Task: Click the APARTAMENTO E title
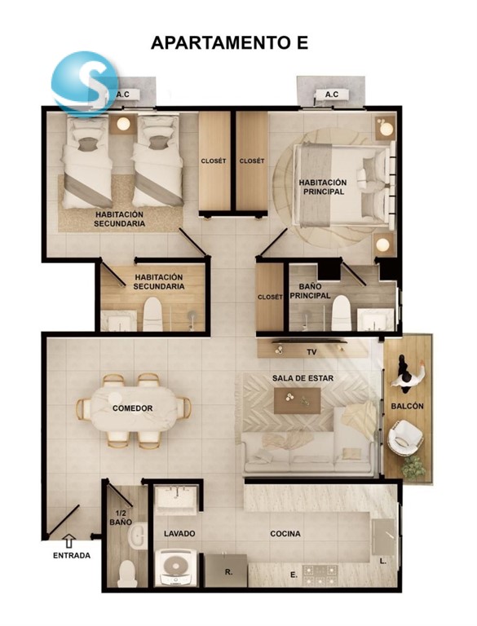click(229, 42)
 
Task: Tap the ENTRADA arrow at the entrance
click(70, 540)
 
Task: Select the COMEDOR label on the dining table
click(133, 408)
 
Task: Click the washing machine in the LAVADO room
click(175, 568)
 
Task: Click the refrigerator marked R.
click(226, 571)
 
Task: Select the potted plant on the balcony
click(413, 468)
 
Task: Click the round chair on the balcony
click(405, 438)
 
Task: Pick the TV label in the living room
click(311, 352)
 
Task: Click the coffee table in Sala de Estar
click(298, 400)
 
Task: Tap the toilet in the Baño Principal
click(341, 313)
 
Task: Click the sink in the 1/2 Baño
click(137, 536)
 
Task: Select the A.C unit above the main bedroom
click(332, 95)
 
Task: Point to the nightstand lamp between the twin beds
click(123, 124)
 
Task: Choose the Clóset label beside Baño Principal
click(270, 297)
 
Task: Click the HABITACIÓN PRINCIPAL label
click(323, 187)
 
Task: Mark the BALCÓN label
click(407, 406)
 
